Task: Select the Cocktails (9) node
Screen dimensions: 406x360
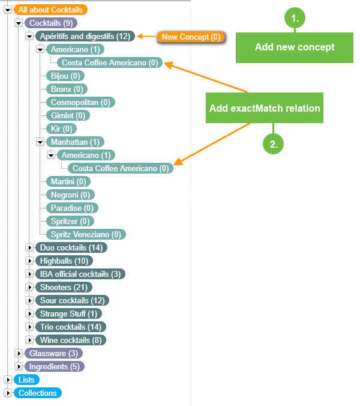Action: click(51, 23)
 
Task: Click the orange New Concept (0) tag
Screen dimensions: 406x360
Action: click(191, 37)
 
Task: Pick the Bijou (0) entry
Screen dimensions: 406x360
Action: click(65, 76)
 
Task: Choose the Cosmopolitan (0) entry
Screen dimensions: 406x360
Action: click(80, 102)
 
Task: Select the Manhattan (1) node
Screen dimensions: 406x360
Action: click(75, 142)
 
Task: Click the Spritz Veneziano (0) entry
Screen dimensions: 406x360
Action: click(86, 234)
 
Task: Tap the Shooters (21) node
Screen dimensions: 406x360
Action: click(63, 287)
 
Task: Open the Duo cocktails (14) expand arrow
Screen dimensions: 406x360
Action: click(29, 247)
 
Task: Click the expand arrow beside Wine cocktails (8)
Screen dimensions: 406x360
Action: click(29, 340)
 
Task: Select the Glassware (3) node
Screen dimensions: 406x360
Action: click(53, 353)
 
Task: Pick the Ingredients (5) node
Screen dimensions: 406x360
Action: click(55, 366)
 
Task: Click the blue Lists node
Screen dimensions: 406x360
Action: click(26, 380)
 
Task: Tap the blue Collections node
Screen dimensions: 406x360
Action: click(37, 393)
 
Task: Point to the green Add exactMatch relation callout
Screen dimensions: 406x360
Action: click(265, 108)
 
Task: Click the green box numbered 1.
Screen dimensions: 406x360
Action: click(295, 19)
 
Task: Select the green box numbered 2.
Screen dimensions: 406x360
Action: click(274, 144)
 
